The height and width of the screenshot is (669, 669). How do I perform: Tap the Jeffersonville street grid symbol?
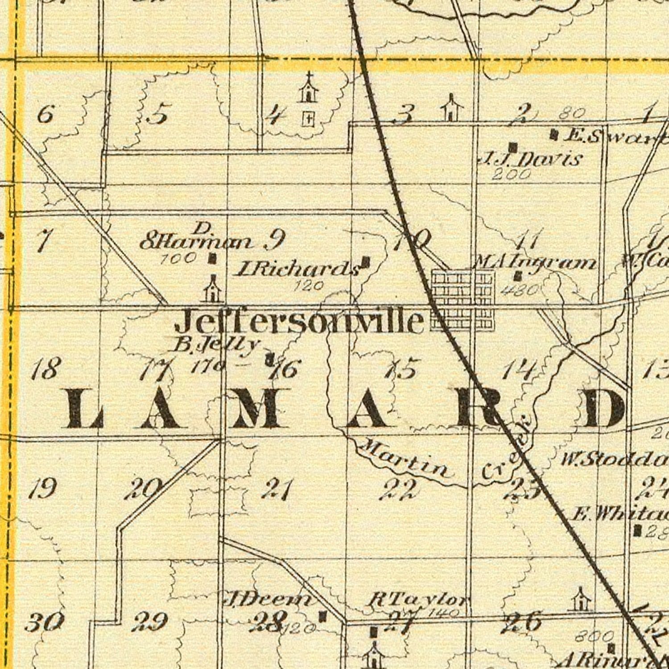coord(463,300)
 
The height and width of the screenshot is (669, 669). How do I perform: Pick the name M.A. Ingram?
coord(535,263)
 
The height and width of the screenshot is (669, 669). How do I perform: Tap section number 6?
coord(45,115)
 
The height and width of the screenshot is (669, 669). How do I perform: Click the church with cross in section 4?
coord(308,89)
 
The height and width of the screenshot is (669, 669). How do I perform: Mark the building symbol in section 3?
coord(451,108)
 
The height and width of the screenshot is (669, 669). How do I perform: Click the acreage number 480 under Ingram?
coord(520,291)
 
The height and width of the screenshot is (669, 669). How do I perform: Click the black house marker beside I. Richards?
coord(366,262)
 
